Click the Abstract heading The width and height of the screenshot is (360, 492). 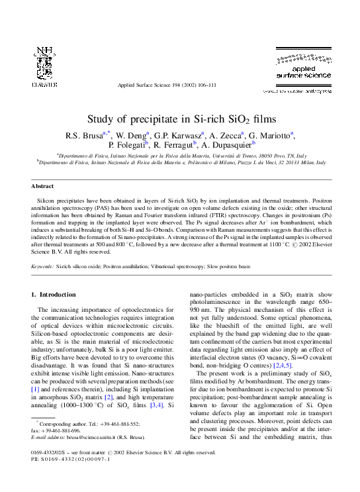coord(42,187)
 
